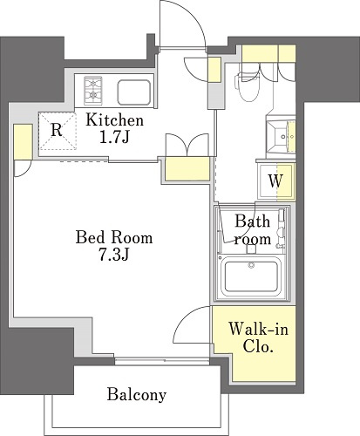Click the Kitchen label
(114, 120)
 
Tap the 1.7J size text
(114, 138)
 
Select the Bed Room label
(114, 237)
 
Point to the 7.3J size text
(114, 255)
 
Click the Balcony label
(137, 395)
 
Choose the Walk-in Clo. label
(258, 337)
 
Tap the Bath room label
(253, 229)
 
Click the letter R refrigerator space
(57, 130)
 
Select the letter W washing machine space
(275, 181)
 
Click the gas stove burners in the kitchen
(93, 91)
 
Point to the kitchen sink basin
(134, 92)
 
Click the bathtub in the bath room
(250, 276)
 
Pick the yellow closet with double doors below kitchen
(187, 169)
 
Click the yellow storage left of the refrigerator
(24, 141)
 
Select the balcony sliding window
(162, 361)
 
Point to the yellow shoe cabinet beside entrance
(214, 70)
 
